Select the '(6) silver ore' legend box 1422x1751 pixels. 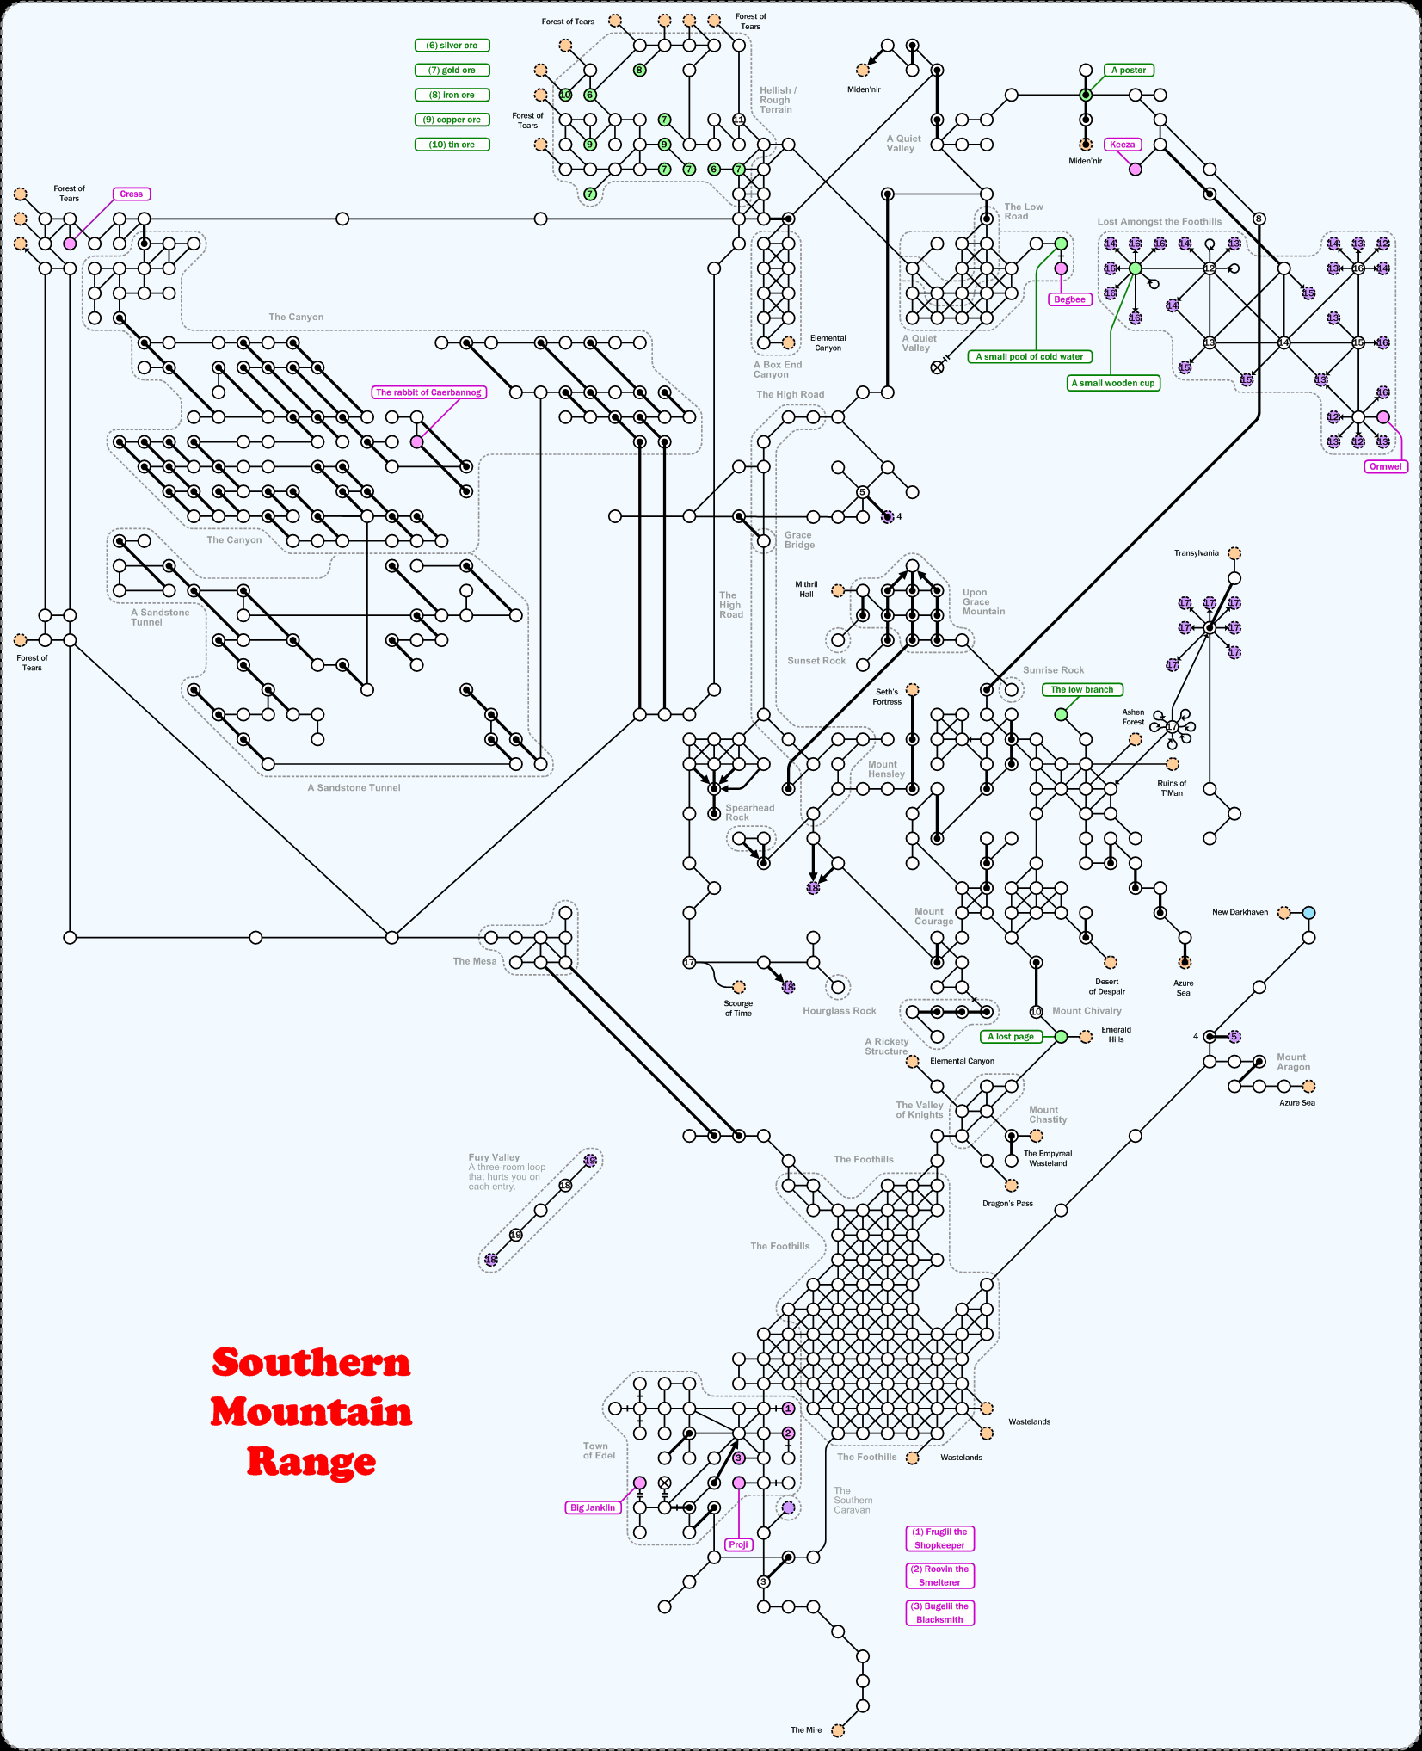452,46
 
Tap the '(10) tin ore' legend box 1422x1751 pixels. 452,145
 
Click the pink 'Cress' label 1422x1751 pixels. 132,194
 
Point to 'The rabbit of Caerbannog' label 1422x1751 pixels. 428,392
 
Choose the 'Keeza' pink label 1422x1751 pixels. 1123,145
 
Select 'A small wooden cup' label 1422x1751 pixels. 1113,383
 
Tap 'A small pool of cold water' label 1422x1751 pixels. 1030,356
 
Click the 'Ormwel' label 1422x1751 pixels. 1385,466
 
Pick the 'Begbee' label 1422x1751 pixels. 1069,299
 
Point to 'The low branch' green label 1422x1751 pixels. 1082,689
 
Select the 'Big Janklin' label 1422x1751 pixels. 593,1507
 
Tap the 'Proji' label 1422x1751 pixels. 738,1544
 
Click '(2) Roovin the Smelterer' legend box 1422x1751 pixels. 939,1575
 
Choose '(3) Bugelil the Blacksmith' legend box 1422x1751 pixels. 939,1612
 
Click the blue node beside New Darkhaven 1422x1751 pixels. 1308,912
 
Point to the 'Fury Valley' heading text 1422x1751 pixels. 494,1157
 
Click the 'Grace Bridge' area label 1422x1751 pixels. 799,539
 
